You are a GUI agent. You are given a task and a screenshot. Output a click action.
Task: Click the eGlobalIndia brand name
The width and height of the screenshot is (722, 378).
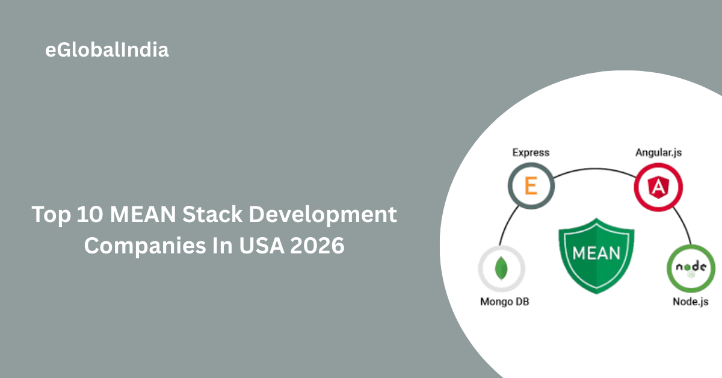pos(107,50)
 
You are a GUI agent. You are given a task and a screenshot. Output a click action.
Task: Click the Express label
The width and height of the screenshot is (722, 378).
pos(531,152)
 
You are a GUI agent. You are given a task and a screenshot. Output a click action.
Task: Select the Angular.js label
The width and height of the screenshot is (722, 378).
pos(659,152)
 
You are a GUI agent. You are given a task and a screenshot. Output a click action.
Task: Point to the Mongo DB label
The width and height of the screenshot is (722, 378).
pos(505,301)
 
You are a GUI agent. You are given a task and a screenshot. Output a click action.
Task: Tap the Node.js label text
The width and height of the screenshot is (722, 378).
pos(690,301)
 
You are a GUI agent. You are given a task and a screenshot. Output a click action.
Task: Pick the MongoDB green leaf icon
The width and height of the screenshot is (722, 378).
pos(501,269)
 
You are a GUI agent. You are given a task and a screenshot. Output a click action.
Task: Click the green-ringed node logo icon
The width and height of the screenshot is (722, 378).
pos(690,269)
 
